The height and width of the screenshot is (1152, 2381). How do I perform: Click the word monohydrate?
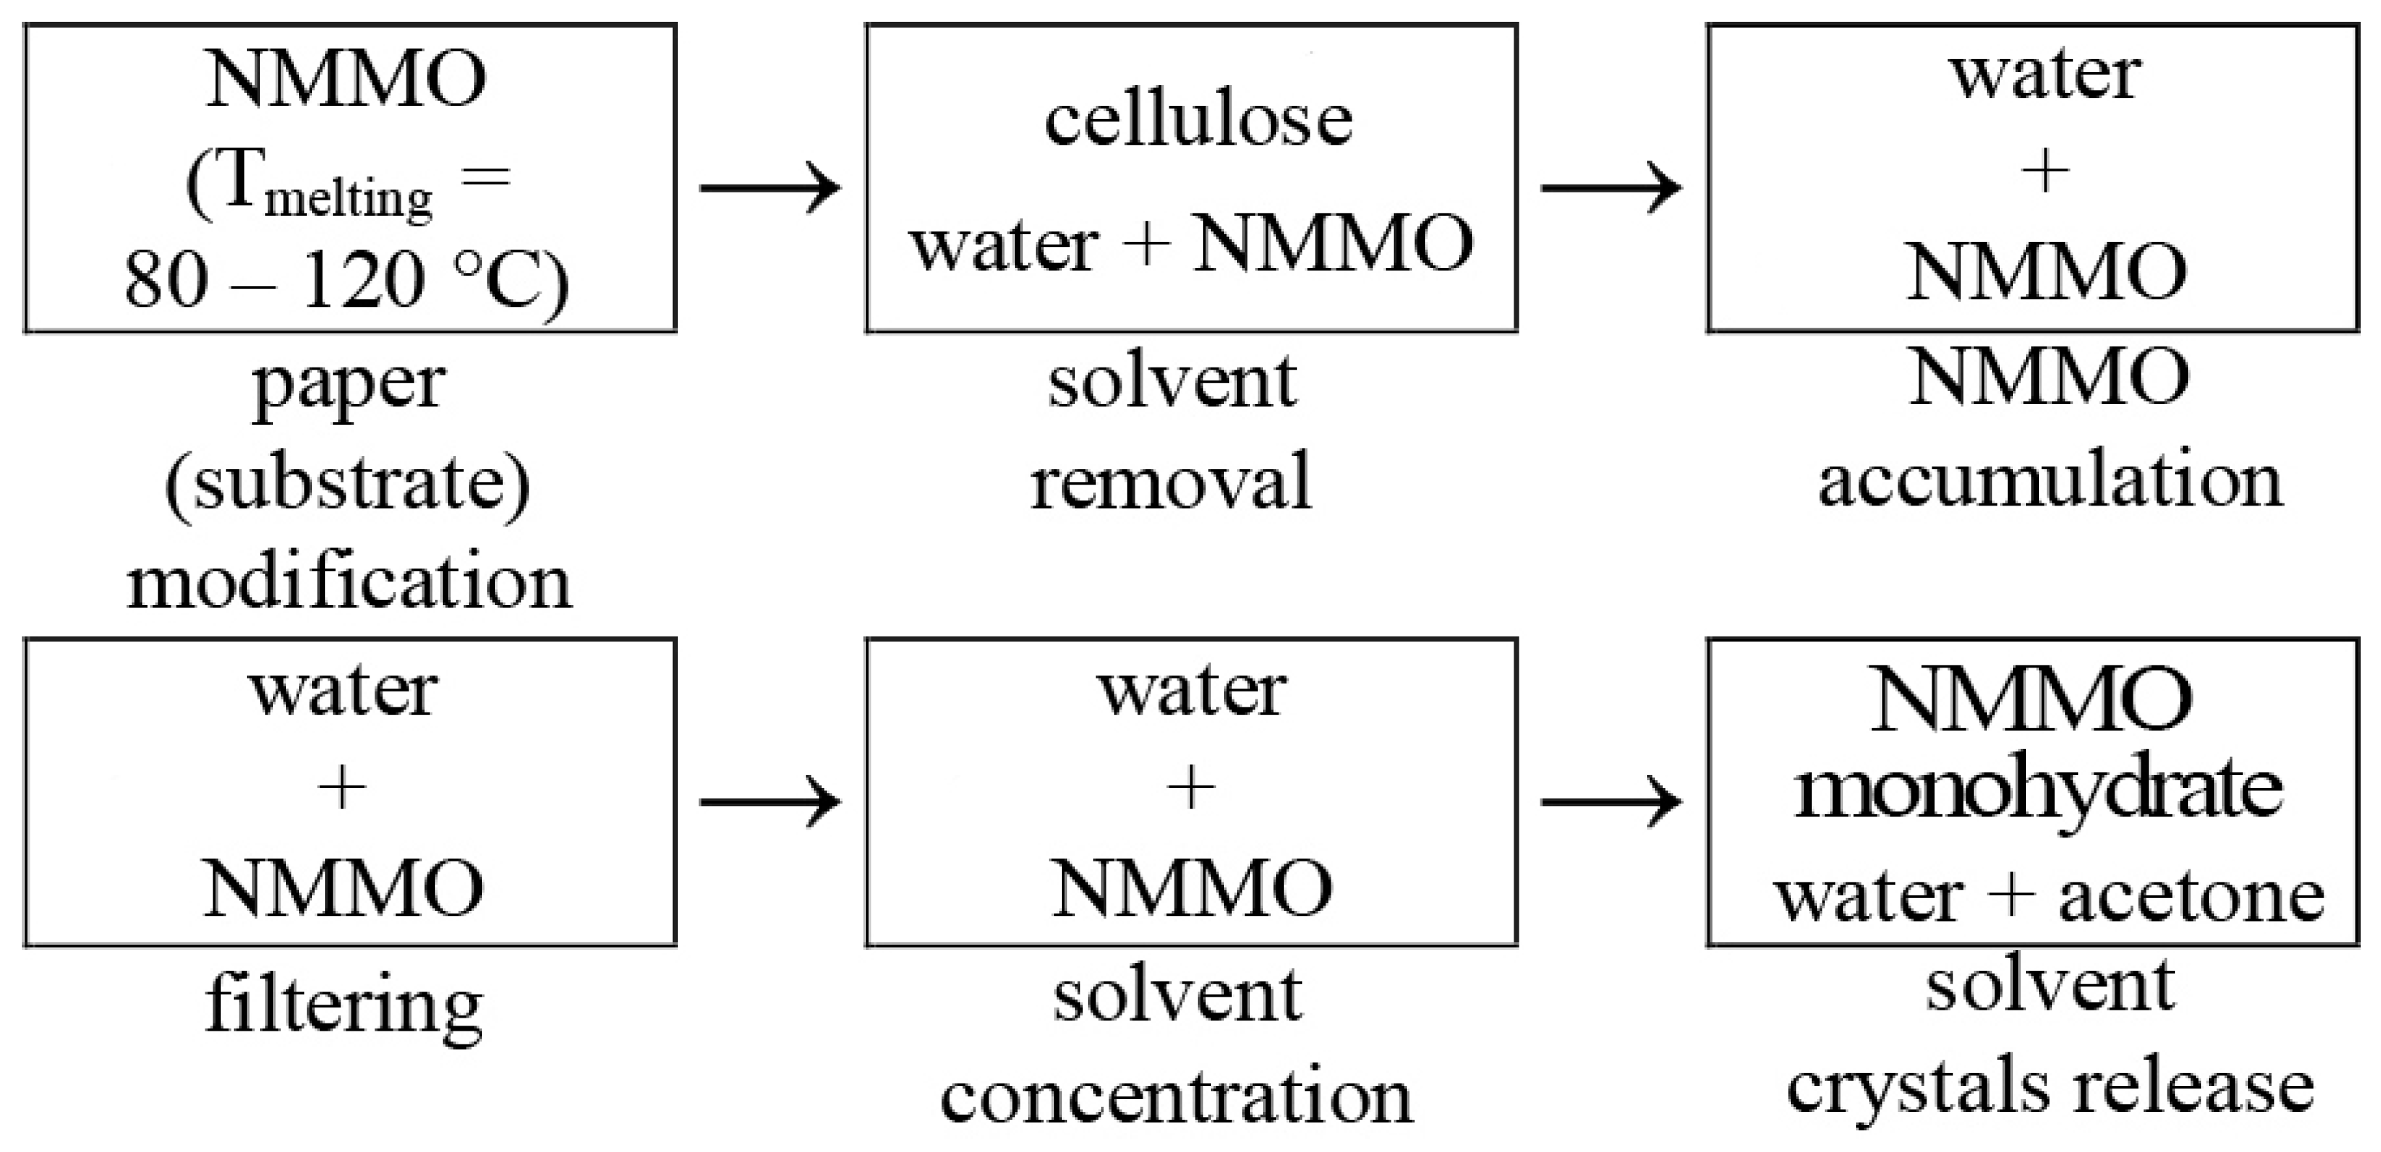point(2038,790)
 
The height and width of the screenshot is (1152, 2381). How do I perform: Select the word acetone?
point(2191,897)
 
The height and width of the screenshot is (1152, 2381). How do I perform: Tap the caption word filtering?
point(344,1006)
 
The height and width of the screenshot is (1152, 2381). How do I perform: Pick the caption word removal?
point(1171,482)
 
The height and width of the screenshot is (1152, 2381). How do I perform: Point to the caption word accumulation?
point(2050,482)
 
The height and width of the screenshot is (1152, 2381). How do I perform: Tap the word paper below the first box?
point(349,385)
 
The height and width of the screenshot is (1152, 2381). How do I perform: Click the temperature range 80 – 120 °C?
point(346,280)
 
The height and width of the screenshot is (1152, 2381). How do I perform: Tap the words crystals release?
point(2049,1087)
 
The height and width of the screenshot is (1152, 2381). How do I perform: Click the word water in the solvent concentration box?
point(1191,691)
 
